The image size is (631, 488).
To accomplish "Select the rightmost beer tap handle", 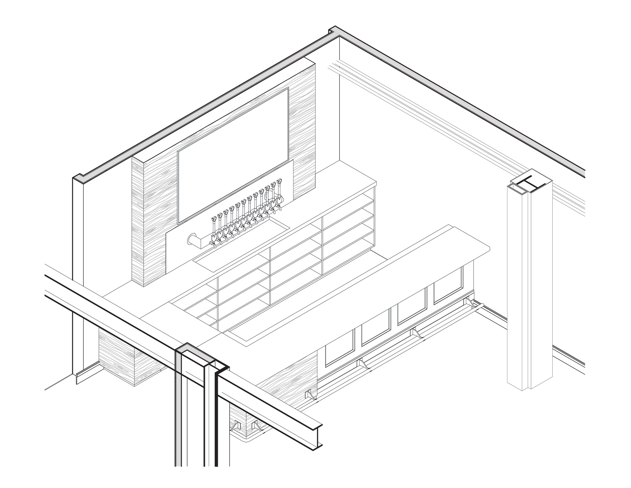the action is coord(280,182).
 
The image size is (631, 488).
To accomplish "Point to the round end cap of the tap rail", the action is coord(191,239).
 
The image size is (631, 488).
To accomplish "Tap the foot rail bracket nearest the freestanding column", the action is coord(469,302).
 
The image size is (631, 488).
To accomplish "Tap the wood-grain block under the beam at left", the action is coord(118,358).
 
